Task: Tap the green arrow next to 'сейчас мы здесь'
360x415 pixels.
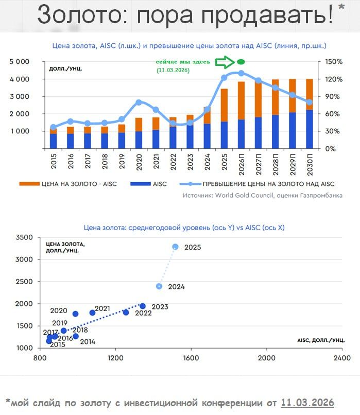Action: point(225,62)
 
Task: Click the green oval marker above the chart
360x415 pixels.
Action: point(241,62)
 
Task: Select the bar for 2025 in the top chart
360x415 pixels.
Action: point(224,118)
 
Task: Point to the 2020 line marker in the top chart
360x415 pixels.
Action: point(139,102)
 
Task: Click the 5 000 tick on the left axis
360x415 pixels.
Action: point(20,62)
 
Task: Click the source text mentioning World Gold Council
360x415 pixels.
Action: point(263,196)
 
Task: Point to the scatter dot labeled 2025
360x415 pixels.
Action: point(176,247)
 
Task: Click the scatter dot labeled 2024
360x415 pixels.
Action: point(160,286)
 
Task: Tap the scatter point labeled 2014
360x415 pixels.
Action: point(76,336)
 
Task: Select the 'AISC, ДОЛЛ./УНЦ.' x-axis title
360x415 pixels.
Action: point(320,341)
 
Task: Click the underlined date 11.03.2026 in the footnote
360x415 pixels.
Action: point(307,402)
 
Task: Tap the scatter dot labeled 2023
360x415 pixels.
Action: point(143,306)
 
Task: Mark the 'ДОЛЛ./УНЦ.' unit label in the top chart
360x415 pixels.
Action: point(65,68)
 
